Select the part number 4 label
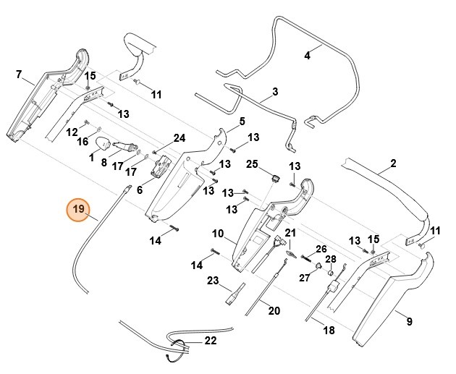tap(306, 55)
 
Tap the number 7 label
tap(19, 74)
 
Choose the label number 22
tap(211, 340)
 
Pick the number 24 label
tap(179, 138)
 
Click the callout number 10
tap(217, 233)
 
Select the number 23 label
tap(213, 280)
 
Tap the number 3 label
tap(275, 92)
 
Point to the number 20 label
tap(274, 312)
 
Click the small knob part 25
tap(275, 177)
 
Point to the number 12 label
tap(72, 132)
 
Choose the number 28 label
tap(330, 259)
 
